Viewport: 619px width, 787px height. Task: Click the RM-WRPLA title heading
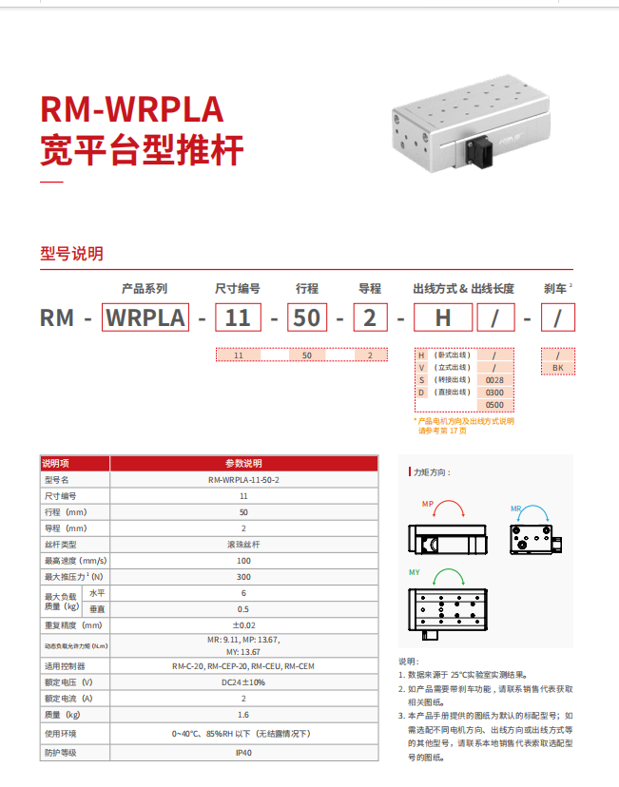[132, 110]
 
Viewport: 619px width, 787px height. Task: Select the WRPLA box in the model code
[145, 317]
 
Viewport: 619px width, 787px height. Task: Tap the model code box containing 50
[307, 317]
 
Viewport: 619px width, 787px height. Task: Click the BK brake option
[557, 366]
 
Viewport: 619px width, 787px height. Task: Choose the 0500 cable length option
[494, 404]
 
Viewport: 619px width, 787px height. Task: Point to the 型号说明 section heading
[71, 254]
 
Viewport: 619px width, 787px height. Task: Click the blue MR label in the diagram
[516, 509]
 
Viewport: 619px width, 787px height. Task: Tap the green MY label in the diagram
[415, 572]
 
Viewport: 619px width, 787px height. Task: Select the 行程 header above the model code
[307, 288]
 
